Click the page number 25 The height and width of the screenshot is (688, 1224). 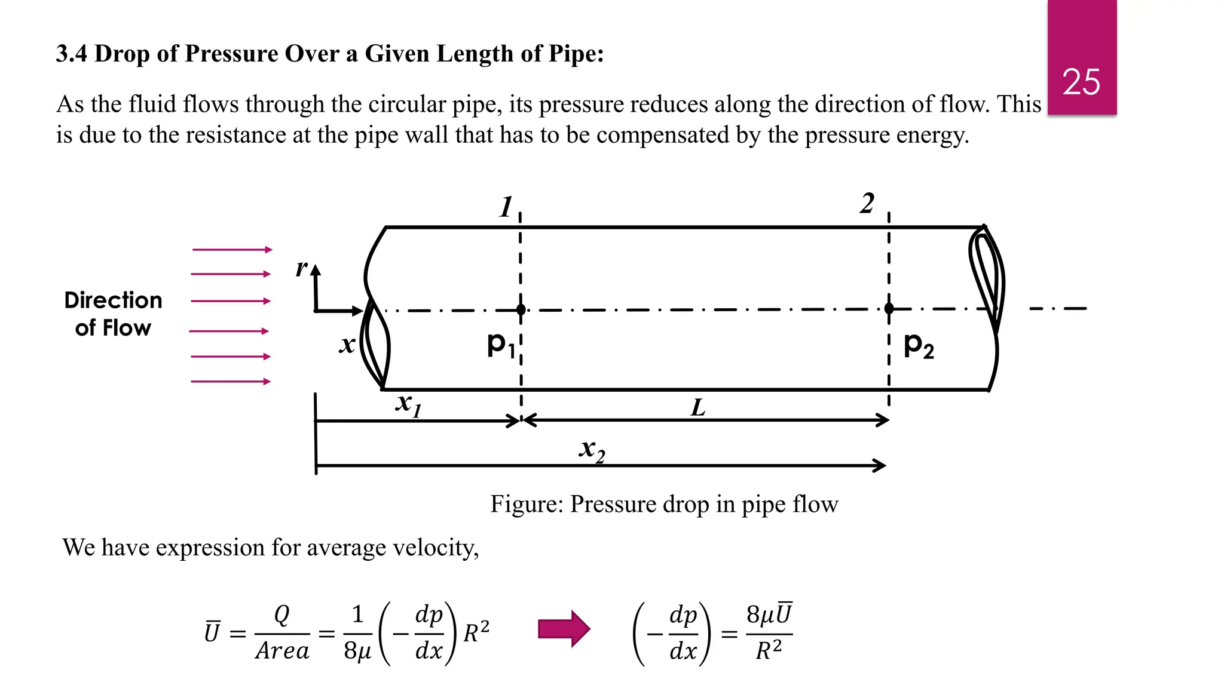pyautogui.click(x=1081, y=82)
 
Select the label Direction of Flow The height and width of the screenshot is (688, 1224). pyautogui.click(x=113, y=314)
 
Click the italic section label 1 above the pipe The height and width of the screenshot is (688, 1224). pyautogui.click(x=506, y=207)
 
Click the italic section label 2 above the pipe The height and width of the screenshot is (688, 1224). pyautogui.click(x=867, y=204)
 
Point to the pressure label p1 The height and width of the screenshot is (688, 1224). pyautogui.click(x=500, y=345)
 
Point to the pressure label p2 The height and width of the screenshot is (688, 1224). pyautogui.click(x=918, y=345)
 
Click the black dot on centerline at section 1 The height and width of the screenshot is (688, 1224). pyautogui.click(x=521, y=309)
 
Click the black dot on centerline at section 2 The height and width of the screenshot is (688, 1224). pyautogui.click(x=889, y=308)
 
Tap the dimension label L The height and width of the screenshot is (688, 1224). pyautogui.click(x=698, y=408)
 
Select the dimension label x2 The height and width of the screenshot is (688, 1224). pyautogui.click(x=592, y=449)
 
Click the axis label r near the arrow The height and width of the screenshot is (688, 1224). pyautogui.click(x=302, y=268)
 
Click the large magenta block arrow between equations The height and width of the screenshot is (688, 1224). pyautogui.click(x=564, y=629)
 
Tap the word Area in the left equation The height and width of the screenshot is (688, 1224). pyautogui.click(x=282, y=650)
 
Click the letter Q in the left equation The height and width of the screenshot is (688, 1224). pyautogui.click(x=281, y=615)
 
